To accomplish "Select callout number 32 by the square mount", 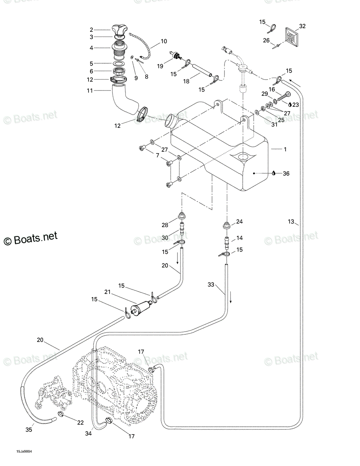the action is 302,26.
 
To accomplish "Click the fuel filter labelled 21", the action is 141,308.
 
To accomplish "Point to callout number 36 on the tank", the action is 286,173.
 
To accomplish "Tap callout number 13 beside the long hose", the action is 291,221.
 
